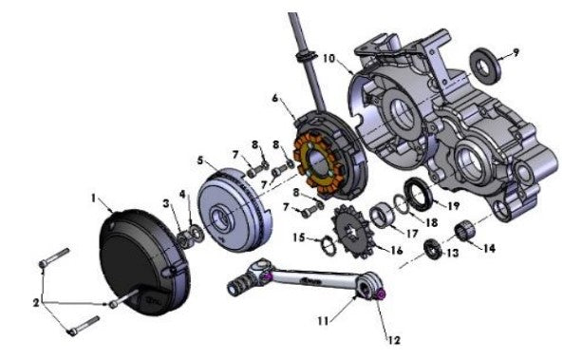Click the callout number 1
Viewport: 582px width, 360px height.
pyautogui.click(x=94, y=198)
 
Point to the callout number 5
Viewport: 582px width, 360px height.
pyautogui.click(x=202, y=161)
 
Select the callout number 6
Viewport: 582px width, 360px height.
pyautogui.click(x=275, y=98)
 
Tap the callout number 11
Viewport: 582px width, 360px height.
pyautogui.click(x=323, y=321)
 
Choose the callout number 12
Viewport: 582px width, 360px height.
pyautogui.click(x=391, y=337)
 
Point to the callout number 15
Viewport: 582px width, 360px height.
pyautogui.click(x=299, y=237)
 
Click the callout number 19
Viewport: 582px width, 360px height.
pyautogui.click(x=453, y=204)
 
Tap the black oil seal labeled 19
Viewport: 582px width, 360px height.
pyautogui.click(x=418, y=196)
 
